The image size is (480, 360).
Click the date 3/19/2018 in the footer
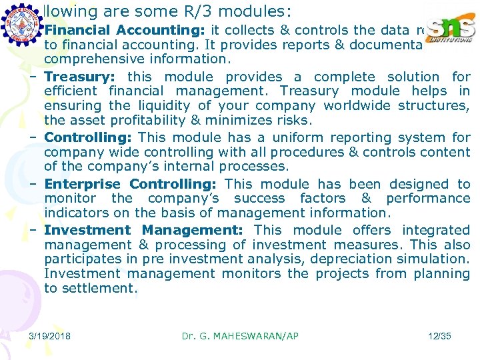point(51,336)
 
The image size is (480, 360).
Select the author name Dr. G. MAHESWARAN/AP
point(240,336)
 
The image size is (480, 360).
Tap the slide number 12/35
point(439,336)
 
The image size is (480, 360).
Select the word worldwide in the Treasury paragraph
point(356,105)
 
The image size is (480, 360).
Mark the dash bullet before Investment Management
point(33,230)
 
